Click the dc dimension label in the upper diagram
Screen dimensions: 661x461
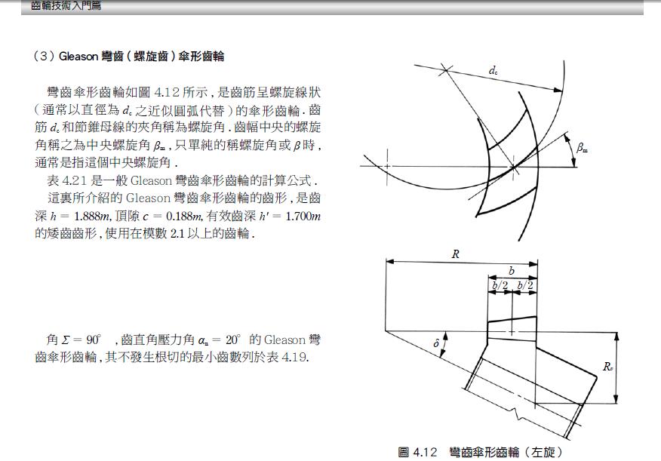(x=493, y=71)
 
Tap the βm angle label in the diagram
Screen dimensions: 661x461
(x=583, y=147)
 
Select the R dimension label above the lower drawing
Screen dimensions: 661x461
(x=456, y=254)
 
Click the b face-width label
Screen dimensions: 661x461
(x=512, y=271)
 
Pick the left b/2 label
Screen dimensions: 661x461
(x=500, y=285)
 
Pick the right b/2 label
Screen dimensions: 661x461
(x=525, y=285)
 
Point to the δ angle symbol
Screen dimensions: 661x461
(x=436, y=343)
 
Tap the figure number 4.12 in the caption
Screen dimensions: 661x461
(x=425, y=452)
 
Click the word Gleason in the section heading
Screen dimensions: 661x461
(x=78, y=56)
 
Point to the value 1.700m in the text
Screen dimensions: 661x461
(x=303, y=217)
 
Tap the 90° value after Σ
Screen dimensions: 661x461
(x=94, y=340)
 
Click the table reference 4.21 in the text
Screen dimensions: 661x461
(x=75, y=181)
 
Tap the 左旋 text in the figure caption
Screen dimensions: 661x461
(x=543, y=452)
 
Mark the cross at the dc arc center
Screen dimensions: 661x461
(x=444, y=70)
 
